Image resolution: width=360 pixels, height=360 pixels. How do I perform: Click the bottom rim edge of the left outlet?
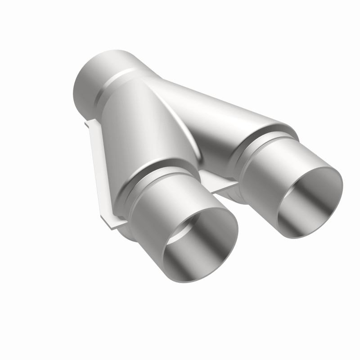(x=198, y=281)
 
